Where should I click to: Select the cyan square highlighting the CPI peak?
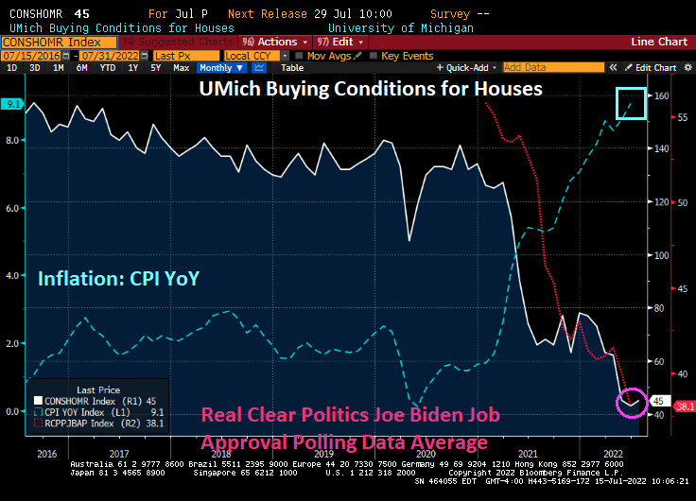coord(631,103)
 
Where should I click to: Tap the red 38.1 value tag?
coord(684,406)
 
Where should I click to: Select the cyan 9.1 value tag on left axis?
coord(11,104)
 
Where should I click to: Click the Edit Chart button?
coord(655,68)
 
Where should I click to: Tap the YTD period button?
coord(107,68)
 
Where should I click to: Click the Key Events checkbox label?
coord(408,56)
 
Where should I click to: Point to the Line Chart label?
coord(660,42)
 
